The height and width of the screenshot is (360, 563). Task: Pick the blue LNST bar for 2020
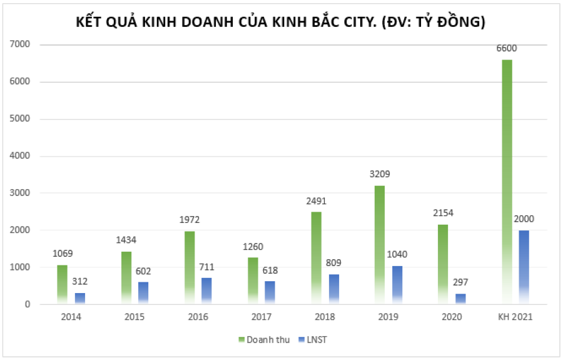pyautogui.click(x=460, y=299)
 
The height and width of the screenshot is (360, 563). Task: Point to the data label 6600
pyautogui.click(x=507, y=48)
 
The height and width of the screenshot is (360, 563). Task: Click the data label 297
pyautogui.click(x=460, y=282)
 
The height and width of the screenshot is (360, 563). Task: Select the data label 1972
pyautogui.click(x=190, y=220)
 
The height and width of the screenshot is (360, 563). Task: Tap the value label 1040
pyautogui.click(x=397, y=254)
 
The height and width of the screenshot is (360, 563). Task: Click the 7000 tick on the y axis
pyautogui.click(x=21, y=44)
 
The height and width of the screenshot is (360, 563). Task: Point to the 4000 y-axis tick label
pyautogui.click(x=21, y=156)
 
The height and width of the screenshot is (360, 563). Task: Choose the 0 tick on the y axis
pyautogui.click(x=28, y=304)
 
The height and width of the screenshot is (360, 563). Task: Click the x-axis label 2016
pyautogui.click(x=198, y=317)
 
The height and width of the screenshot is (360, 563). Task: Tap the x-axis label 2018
pyautogui.click(x=325, y=317)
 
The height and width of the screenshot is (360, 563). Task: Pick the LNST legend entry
pyautogui.click(x=315, y=339)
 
